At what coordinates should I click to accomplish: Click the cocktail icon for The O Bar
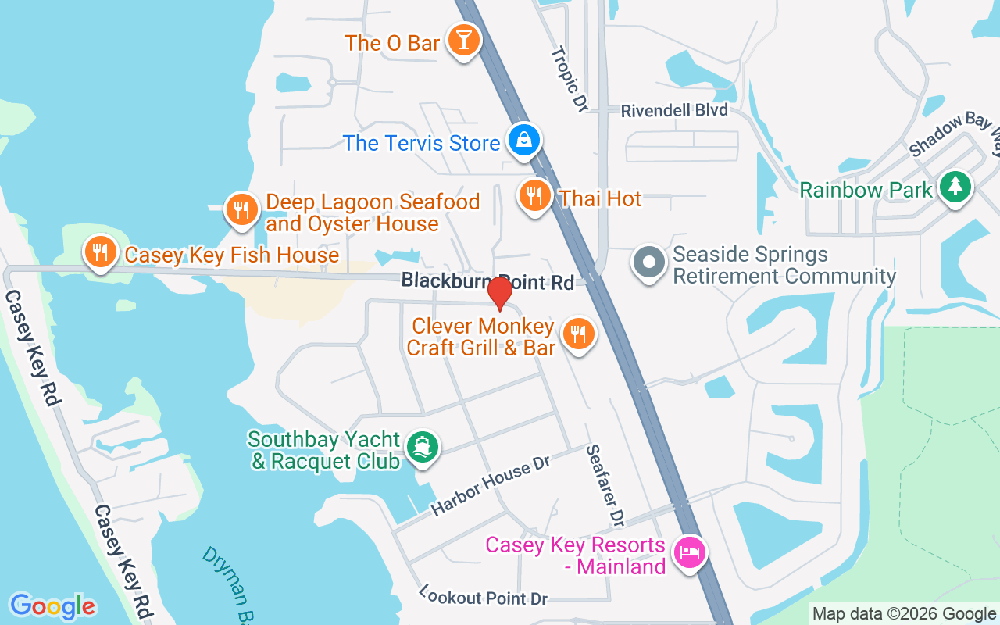pyautogui.click(x=463, y=41)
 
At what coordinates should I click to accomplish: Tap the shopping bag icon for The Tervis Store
pyautogui.click(x=523, y=141)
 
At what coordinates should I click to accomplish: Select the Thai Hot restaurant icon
pyautogui.click(x=534, y=195)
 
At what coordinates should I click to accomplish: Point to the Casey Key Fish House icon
pyautogui.click(x=101, y=252)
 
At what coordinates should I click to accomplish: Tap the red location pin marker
pyautogui.click(x=499, y=293)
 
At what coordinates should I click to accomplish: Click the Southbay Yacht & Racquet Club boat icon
pyautogui.click(x=423, y=447)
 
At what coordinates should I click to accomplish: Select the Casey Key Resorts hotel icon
pyautogui.click(x=689, y=552)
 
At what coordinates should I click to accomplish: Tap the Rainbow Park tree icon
pyautogui.click(x=955, y=187)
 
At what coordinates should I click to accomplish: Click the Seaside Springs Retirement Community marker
pyautogui.click(x=648, y=263)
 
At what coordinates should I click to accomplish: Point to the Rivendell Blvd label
pyautogui.click(x=674, y=110)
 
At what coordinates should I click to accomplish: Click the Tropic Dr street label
pyautogui.click(x=569, y=79)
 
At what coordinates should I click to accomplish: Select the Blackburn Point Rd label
pyautogui.click(x=487, y=281)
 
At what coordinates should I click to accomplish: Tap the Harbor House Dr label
pyautogui.click(x=491, y=485)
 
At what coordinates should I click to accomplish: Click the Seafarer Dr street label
pyautogui.click(x=605, y=485)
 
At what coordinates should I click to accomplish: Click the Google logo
pyautogui.click(x=52, y=606)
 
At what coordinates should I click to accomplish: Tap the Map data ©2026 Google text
pyautogui.click(x=903, y=614)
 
